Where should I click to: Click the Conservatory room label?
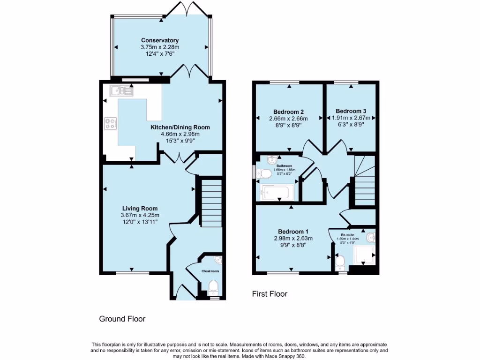pos(160,41)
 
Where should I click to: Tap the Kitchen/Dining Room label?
pos(180,127)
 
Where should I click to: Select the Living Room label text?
pos(140,209)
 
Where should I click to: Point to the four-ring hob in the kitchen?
pos(111,124)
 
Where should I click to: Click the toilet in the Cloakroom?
pos(213,287)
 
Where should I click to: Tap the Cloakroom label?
pos(210,271)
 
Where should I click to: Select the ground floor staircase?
pos(211,203)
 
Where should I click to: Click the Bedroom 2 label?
pos(289,112)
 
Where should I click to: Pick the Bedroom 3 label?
pos(351,111)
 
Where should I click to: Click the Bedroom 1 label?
pos(293,232)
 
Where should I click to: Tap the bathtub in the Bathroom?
pos(277,192)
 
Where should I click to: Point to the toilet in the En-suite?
pos(341,261)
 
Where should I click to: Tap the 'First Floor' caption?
pos(270,294)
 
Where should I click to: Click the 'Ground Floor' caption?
pos(122,319)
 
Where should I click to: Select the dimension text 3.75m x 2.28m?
pos(160,47)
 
